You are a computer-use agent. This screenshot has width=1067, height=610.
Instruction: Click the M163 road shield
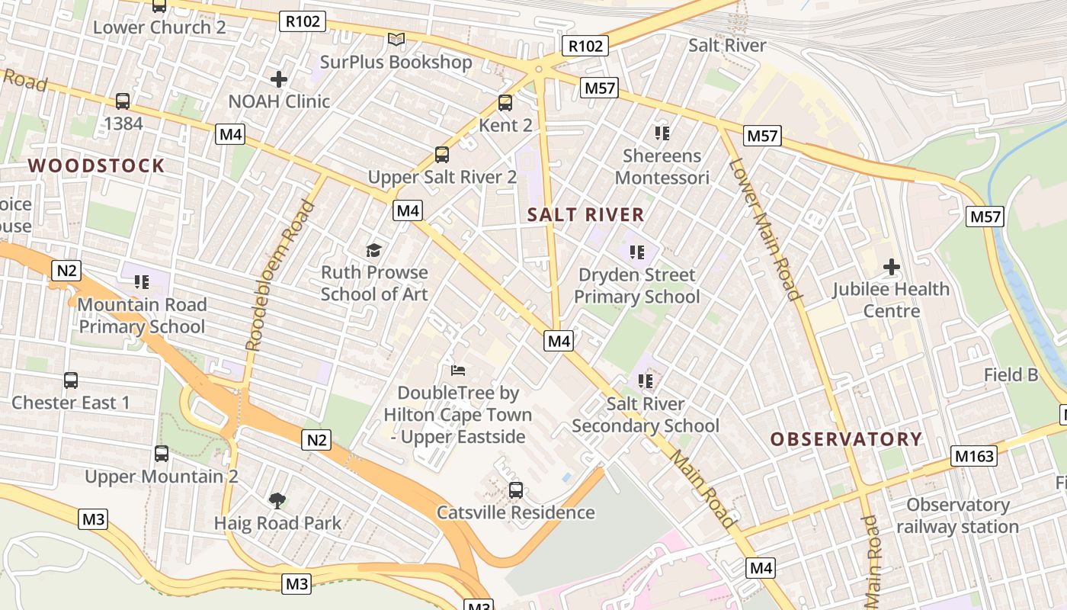(975, 456)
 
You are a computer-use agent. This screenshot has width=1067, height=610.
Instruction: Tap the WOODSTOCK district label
(97, 165)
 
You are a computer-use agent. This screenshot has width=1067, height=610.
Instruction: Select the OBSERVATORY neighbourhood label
(846, 439)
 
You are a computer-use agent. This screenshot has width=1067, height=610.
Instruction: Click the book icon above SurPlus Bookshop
(396, 39)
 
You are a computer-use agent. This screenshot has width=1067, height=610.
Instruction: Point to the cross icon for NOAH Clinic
(279, 79)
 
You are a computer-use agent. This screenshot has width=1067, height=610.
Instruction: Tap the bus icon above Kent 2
(505, 103)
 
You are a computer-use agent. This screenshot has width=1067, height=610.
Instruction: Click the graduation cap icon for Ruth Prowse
(373, 250)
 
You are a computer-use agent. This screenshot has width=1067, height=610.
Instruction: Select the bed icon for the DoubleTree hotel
(457, 371)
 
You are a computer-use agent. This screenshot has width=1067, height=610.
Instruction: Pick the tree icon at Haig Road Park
(277, 501)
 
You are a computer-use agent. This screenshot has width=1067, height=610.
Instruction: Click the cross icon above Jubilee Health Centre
(891, 267)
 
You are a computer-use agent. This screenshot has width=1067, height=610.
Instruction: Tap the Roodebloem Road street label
(280, 274)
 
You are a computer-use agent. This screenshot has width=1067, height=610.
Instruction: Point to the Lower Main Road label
(764, 230)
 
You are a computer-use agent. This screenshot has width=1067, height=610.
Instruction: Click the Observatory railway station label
(957, 515)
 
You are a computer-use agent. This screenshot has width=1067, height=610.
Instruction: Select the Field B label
(1011, 374)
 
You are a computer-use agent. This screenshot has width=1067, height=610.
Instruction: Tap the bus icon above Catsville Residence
(516, 490)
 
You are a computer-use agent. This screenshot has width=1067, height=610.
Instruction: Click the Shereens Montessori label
(662, 167)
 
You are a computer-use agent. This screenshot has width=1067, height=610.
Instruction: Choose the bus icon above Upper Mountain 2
(162, 454)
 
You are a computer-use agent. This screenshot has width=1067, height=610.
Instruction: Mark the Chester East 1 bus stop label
(71, 403)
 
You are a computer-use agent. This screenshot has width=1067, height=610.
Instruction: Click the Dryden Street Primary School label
(636, 285)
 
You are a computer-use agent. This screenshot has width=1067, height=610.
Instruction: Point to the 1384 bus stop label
(123, 123)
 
